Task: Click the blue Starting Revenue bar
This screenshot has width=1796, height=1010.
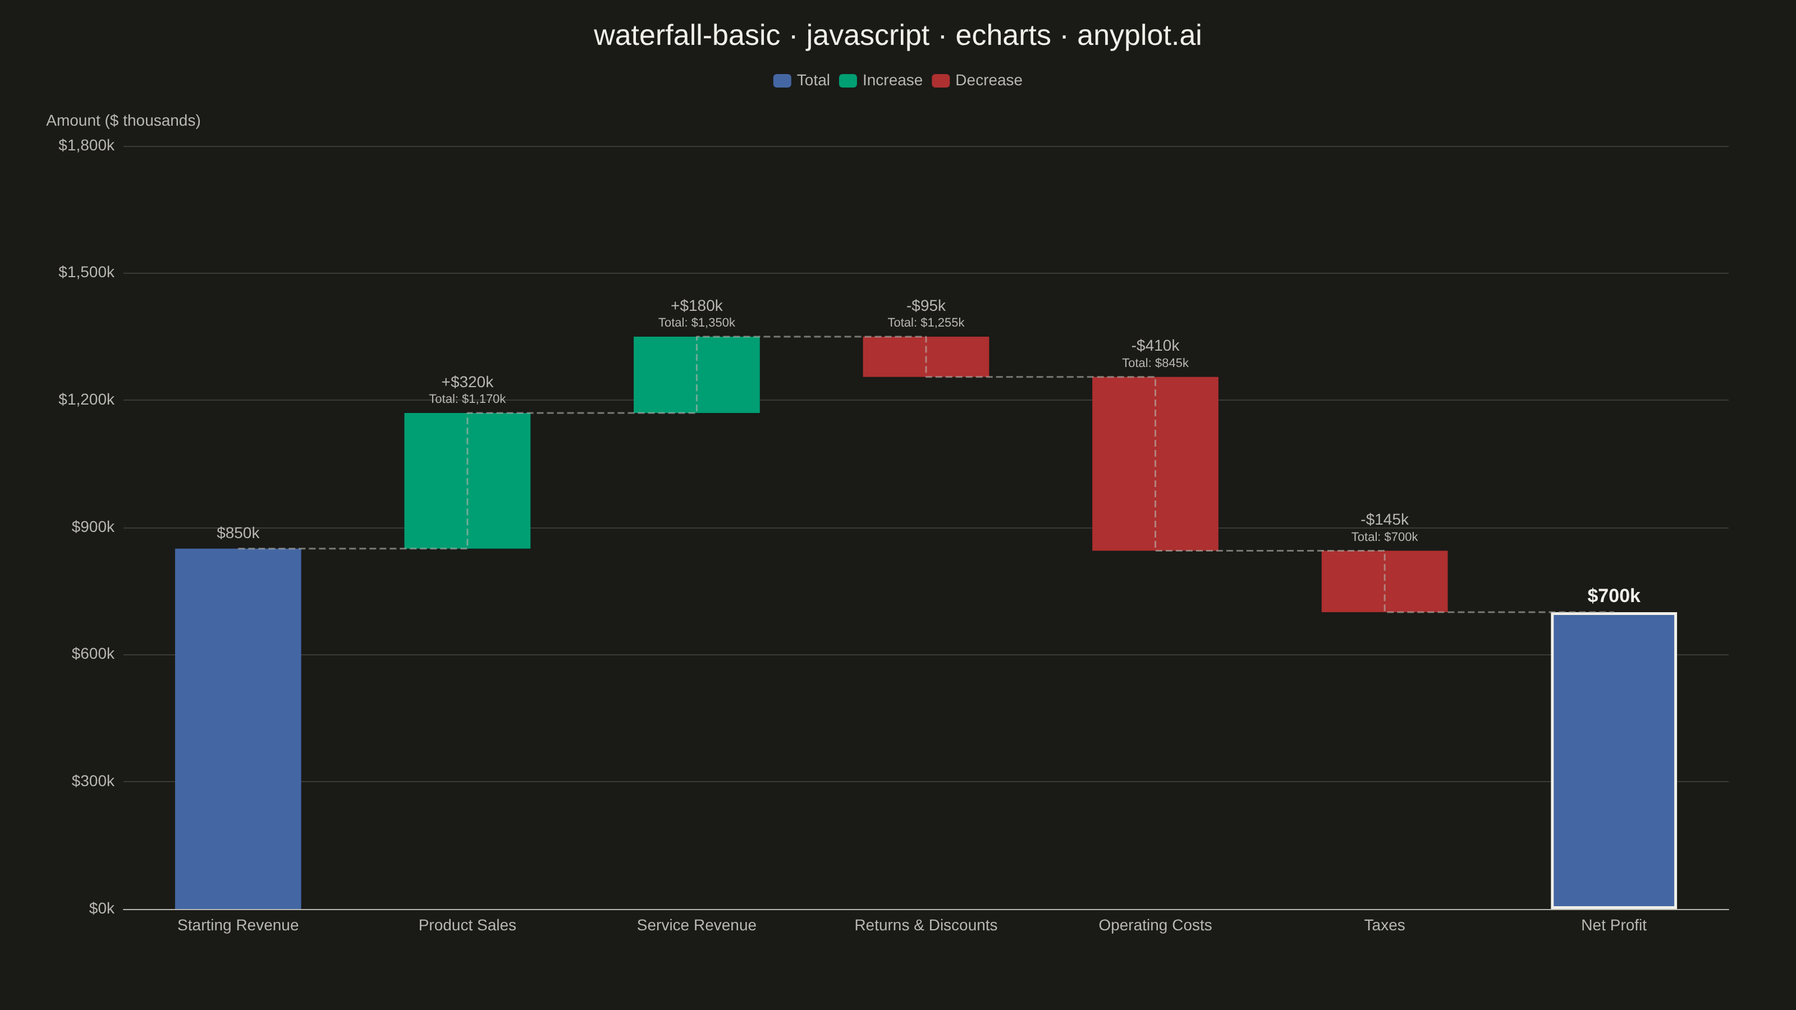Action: [x=238, y=728]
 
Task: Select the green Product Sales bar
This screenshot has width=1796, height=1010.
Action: [x=467, y=480]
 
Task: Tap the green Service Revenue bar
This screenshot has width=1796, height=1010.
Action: [x=697, y=374]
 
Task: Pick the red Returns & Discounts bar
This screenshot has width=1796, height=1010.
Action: [x=926, y=357]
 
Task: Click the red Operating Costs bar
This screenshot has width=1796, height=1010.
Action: [x=1155, y=463]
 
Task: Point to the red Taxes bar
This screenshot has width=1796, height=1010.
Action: [x=1385, y=581]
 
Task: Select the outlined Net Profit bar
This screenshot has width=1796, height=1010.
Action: [x=1614, y=760]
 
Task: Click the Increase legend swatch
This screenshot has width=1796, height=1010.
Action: [x=848, y=81]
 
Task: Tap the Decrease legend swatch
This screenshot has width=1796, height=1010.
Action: [x=941, y=81]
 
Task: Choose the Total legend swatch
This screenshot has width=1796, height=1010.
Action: [x=782, y=81]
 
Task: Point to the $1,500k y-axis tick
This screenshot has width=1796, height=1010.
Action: [x=86, y=272]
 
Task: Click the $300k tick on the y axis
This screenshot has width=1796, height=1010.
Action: [x=93, y=781]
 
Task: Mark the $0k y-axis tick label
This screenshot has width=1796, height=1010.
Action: [x=102, y=908]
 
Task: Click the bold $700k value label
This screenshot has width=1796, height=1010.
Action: [x=1614, y=596]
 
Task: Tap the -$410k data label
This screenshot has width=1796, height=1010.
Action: [x=1155, y=346]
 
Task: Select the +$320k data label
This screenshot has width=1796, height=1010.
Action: [x=467, y=382]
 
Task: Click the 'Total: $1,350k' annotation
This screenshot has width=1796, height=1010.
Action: [x=697, y=323]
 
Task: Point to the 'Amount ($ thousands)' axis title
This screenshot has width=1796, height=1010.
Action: [x=123, y=121]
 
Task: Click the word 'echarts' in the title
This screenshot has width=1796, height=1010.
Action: [x=1002, y=35]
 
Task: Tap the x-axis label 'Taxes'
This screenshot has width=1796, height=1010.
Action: [x=1385, y=925]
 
